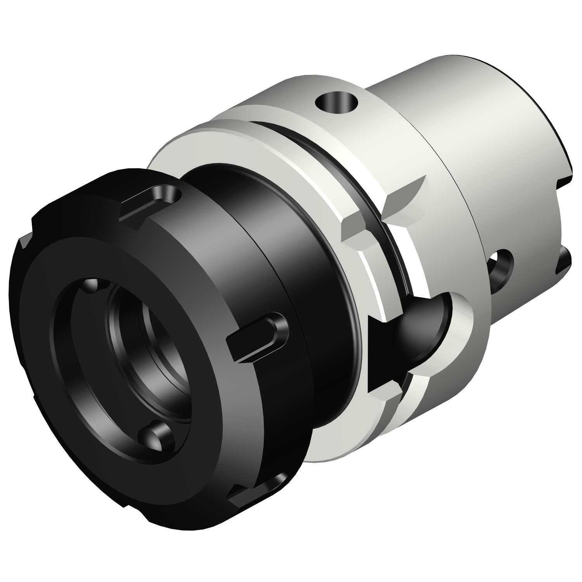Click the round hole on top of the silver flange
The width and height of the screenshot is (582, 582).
pos(336,102)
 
